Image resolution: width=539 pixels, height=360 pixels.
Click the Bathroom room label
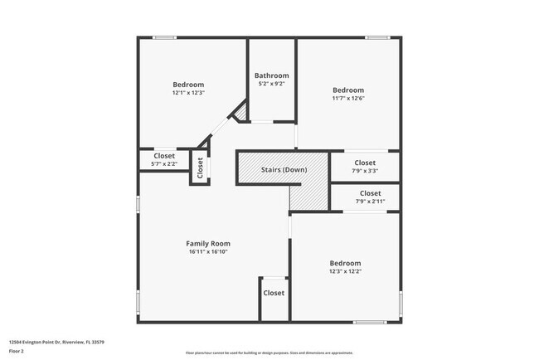click(271, 75)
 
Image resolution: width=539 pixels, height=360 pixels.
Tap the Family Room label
click(207, 243)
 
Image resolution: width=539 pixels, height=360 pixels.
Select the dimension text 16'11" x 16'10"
click(207, 251)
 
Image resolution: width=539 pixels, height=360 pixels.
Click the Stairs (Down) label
click(284, 170)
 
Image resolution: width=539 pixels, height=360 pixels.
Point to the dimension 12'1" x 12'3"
click(188, 93)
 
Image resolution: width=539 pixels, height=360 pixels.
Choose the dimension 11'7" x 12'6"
click(348, 98)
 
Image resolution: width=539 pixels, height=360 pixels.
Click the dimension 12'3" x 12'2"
click(346, 271)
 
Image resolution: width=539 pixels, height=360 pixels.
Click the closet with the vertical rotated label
click(200, 168)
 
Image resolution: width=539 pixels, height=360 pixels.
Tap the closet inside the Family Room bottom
click(274, 293)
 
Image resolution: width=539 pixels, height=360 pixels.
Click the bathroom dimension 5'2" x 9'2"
click(271, 84)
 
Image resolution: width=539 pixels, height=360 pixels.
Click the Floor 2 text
click(17, 351)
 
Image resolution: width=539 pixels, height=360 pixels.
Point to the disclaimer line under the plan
click(269, 353)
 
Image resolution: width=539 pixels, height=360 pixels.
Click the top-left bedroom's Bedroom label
click(188, 85)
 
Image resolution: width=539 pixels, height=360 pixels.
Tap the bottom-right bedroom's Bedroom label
click(346, 263)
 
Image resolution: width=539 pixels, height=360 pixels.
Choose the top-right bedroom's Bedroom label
click(348, 90)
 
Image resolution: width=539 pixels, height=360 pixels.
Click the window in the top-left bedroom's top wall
click(164, 36)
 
